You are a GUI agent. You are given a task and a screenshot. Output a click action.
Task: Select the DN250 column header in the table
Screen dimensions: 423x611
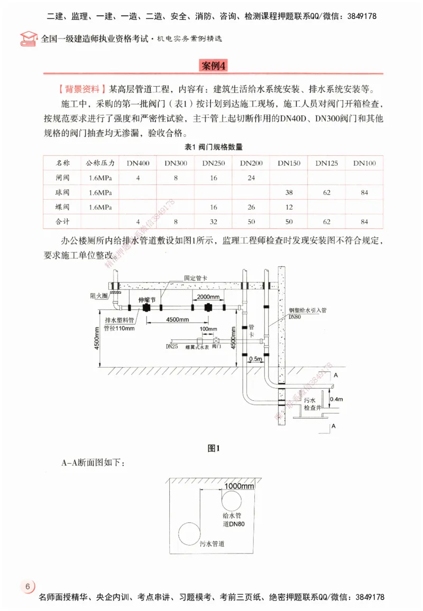point(213,163)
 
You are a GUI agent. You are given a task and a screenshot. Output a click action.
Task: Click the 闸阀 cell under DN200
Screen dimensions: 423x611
point(251,178)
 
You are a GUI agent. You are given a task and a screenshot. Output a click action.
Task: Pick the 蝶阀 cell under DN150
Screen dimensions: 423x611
point(289,207)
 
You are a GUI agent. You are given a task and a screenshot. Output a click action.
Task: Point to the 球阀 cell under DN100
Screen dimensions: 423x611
point(364,192)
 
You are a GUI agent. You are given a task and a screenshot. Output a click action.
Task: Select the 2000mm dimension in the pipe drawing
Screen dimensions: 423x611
point(205,297)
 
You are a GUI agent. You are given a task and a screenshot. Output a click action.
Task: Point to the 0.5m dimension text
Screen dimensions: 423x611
point(256,358)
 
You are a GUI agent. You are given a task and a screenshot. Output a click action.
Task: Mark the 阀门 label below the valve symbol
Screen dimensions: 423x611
point(217,347)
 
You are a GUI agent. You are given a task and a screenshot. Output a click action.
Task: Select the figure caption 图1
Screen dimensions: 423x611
point(213,448)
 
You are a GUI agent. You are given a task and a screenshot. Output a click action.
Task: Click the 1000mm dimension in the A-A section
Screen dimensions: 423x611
point(239,485)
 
